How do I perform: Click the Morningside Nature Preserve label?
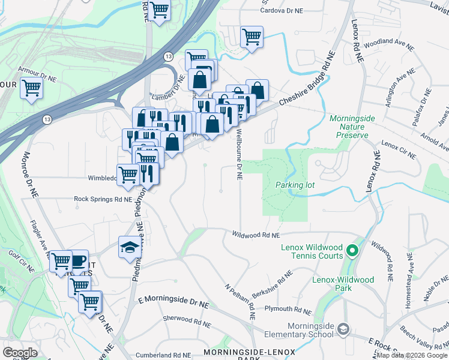(x=349, y=127)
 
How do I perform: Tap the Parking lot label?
(x=295, y=185)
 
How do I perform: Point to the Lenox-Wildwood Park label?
(x=343, y=284)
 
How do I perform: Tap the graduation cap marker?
(x=128, y=247)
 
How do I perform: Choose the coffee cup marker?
(x=78, y=260)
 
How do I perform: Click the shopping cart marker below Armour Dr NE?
(x=31, y=88)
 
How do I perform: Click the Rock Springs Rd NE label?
(x=103, y=199)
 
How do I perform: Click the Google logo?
(x=20, y=352)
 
